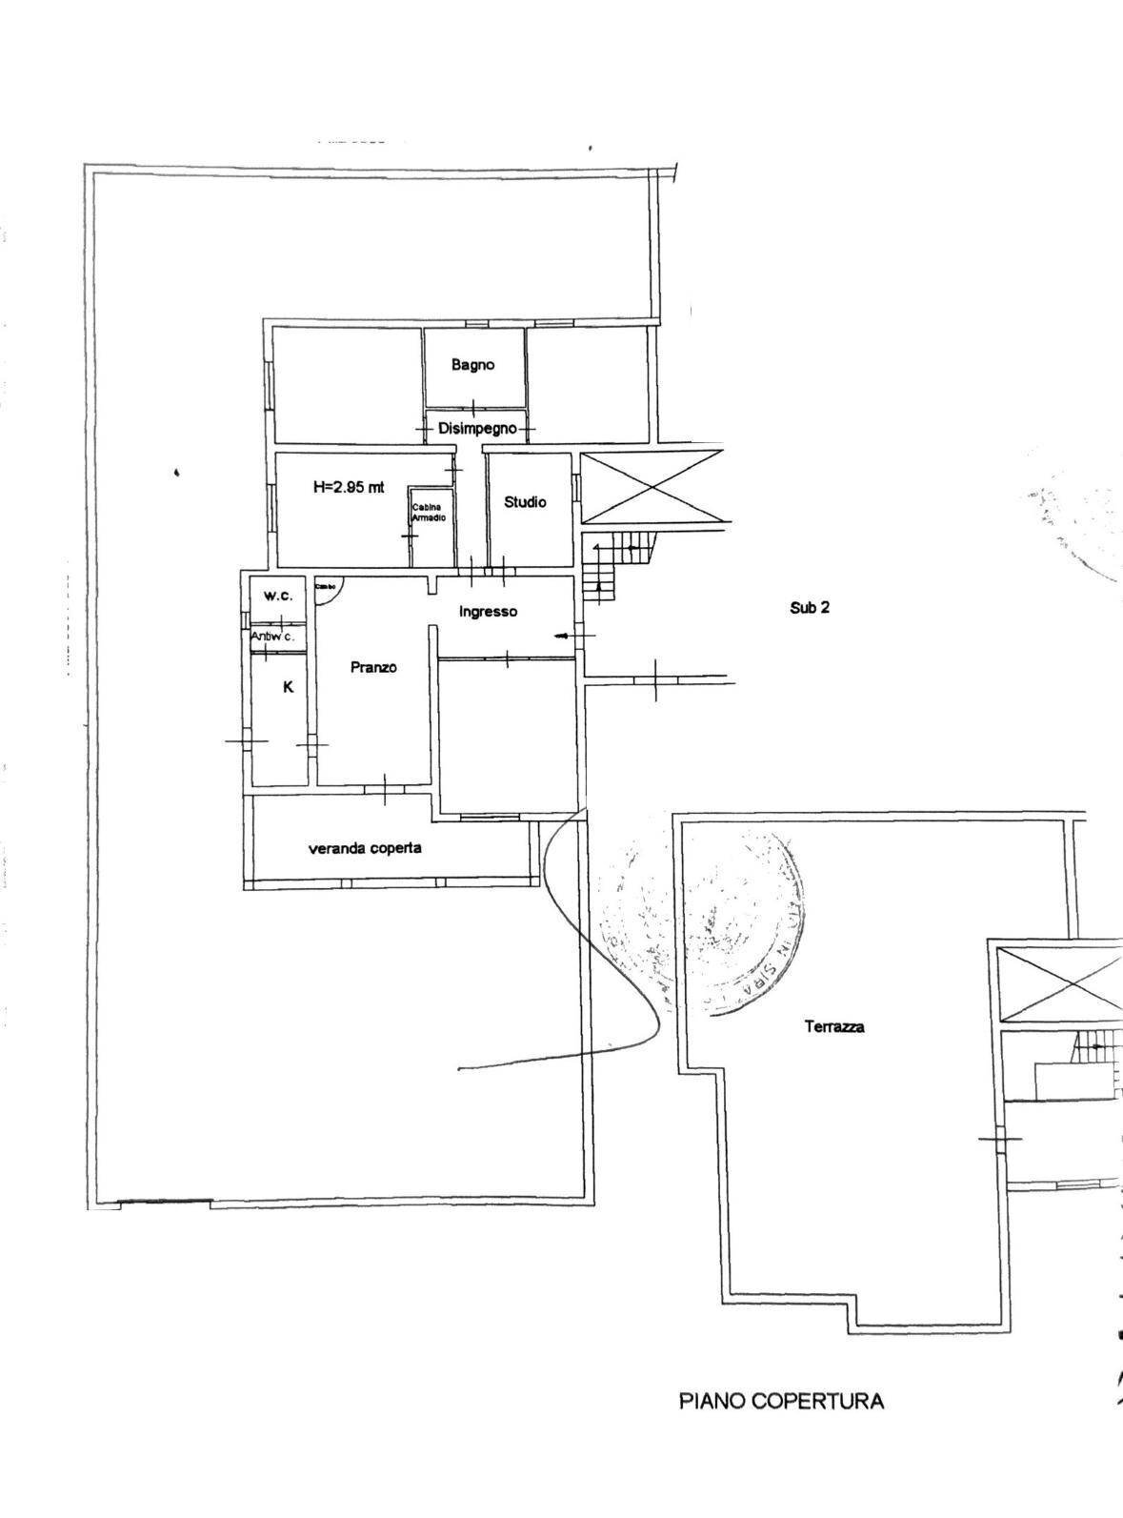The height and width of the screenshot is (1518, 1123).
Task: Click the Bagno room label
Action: point(473,365)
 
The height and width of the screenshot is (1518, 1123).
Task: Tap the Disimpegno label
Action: point(477,429)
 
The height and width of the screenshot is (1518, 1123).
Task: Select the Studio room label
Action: point(525,501)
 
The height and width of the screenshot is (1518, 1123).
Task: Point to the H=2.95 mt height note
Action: point(349,487)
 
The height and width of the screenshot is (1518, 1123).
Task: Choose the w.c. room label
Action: point(278,596)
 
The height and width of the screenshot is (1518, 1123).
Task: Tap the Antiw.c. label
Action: point(272,636)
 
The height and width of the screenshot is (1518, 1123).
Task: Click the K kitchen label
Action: point(289,686)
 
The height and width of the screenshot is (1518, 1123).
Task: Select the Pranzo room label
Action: point(373,667)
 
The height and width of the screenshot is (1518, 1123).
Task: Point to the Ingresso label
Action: point(488,612)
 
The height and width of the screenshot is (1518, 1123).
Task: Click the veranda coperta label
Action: point(365,847)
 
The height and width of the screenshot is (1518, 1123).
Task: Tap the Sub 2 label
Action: point(809,607)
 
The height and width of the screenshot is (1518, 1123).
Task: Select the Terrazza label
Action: point(834,1026)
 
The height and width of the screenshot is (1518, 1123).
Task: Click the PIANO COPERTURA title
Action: point(781,1401)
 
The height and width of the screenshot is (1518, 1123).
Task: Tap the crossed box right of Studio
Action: point(652,487)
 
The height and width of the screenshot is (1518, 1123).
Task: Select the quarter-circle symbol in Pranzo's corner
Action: point(328,590)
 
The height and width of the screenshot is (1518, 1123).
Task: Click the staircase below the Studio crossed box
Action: point(616,564)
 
